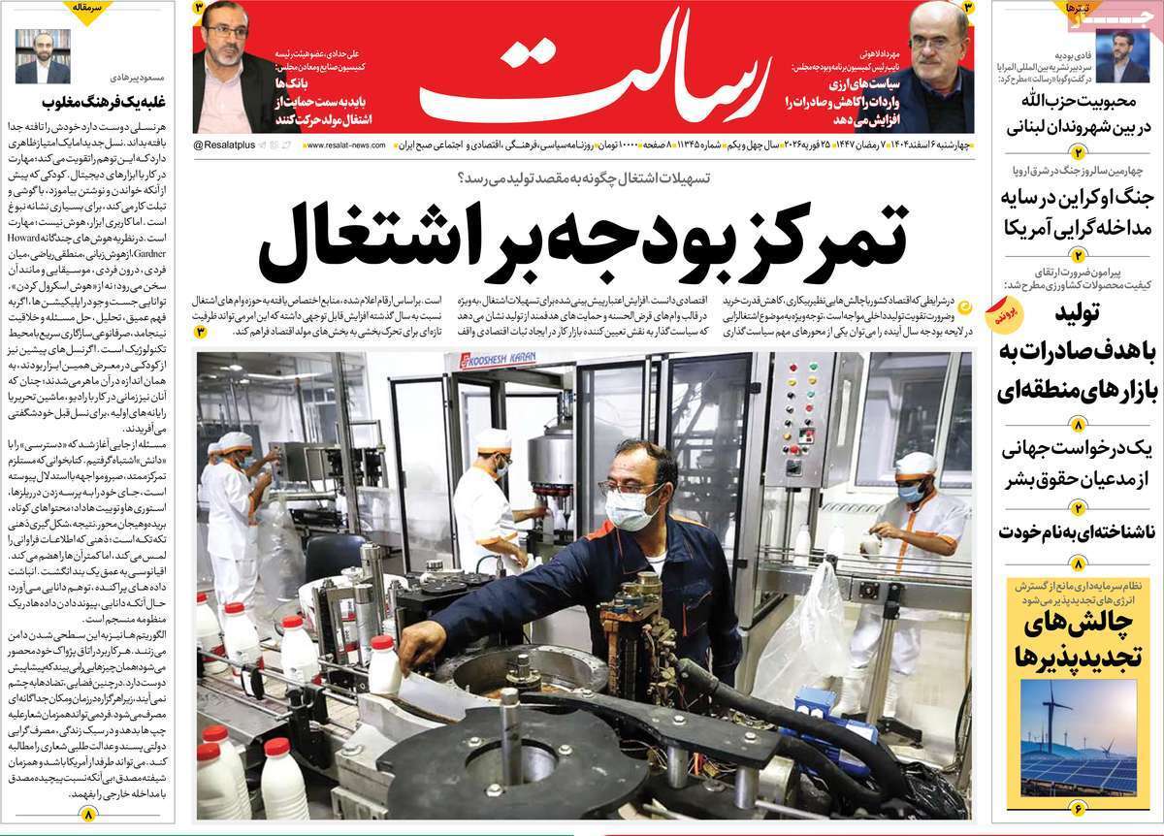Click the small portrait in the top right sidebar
pyautogui.click(x=1130, y=56)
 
